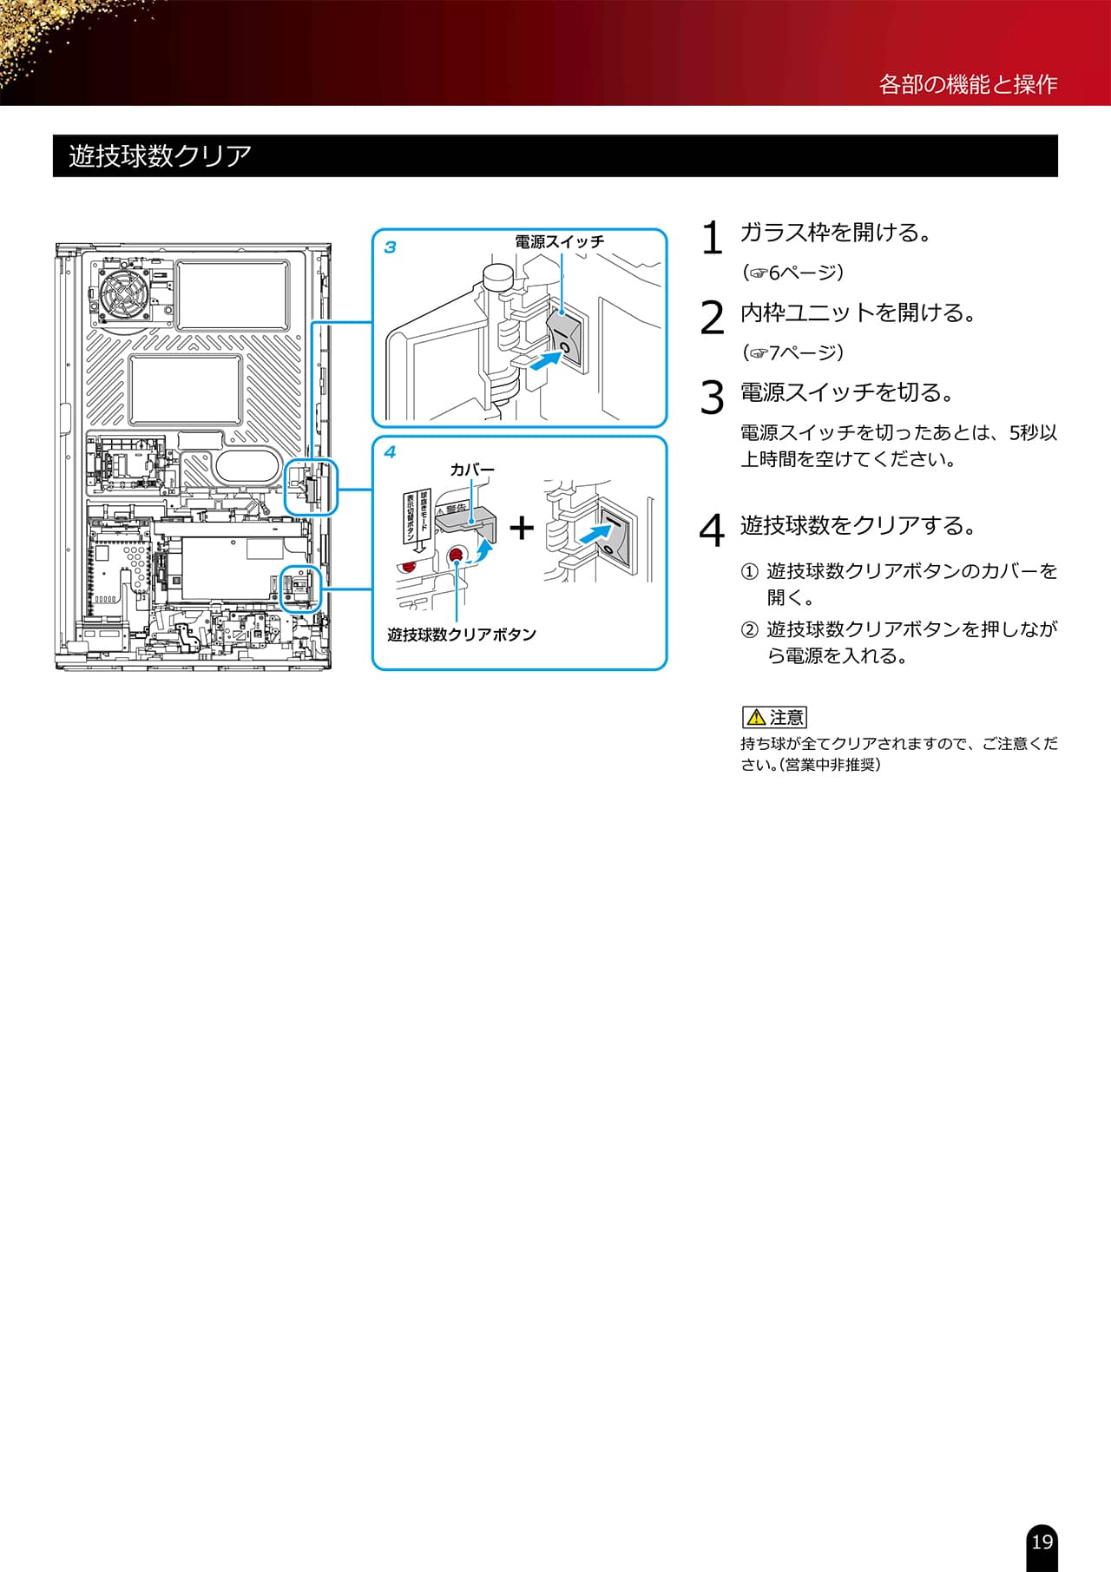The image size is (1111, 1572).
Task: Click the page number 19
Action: coord(1042,1542)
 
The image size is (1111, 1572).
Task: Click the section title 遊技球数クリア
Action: coord(160,156)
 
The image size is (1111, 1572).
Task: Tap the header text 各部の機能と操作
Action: coord(968,84)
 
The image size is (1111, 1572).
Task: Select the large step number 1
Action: coord(712,238)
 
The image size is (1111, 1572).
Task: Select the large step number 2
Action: coord(712,318)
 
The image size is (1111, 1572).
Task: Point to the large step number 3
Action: coord(712,398)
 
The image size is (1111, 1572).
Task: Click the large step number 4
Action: coord(712,530)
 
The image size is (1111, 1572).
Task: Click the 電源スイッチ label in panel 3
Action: coord(559,242)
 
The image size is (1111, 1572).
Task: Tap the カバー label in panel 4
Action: coord(472,470)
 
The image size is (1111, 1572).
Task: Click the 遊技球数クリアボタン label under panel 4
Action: coord(462,635)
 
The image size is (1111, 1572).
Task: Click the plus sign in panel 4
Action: coord(522,527)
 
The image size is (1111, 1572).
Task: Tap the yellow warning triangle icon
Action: coord(756,718)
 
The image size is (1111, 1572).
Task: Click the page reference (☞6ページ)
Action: coord(792,273)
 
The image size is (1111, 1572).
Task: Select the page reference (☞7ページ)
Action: coord(792,352)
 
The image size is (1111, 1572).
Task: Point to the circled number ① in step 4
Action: coord(749,572)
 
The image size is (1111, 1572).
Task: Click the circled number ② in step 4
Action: coord(749,630)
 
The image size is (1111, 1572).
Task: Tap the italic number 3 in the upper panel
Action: coord(390,247)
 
